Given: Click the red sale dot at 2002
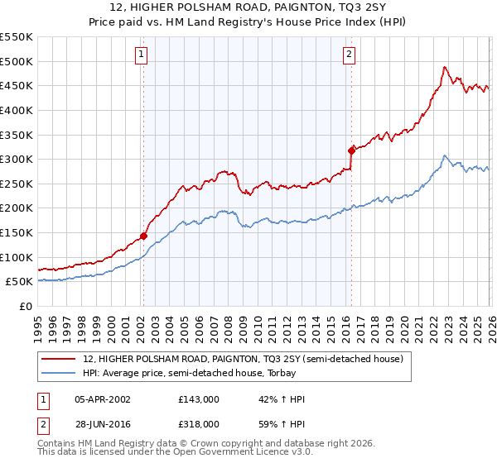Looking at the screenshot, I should click(x=143, y=236).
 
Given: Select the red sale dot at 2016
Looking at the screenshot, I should click(x=351, y=150).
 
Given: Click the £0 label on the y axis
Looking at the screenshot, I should click(x=27, y=306).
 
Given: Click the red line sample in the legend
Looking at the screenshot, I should click(x=60, y=359).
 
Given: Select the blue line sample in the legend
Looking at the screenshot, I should click(x=60, y=373).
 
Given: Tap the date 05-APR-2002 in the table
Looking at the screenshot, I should click(x=104, y=399).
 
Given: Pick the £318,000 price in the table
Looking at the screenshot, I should click(x=199, y=422).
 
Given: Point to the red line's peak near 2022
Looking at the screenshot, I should click(x=445, y=67).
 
